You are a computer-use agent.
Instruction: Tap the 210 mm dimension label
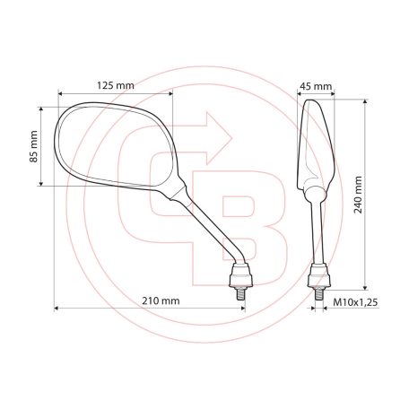pyautogui.click(x=159, y=300)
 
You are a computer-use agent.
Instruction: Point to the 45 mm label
pyautogui.click(x=315, y=87)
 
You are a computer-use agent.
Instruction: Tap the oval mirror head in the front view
pyautogui.click(x=112, y=147)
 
